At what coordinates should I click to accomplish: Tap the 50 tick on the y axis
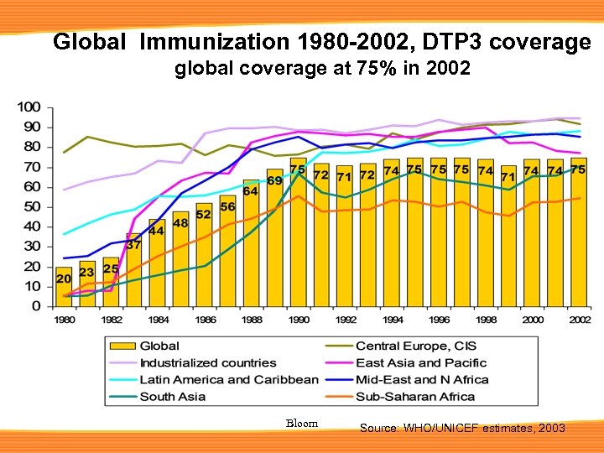pos(32,206)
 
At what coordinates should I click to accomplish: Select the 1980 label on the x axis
pos(64,320)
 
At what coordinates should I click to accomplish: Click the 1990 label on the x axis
pos(298,320)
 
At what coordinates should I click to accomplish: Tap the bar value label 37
pos(133,245)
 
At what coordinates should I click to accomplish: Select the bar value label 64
pos(250,191)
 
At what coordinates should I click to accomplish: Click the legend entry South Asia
pos(172,396)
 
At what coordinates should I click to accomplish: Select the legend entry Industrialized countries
pos(207,362)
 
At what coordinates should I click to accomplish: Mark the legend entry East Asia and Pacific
pos(420,362)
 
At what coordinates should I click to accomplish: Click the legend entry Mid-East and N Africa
pos(422,379)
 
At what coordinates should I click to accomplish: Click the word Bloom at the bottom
pos(302,423)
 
